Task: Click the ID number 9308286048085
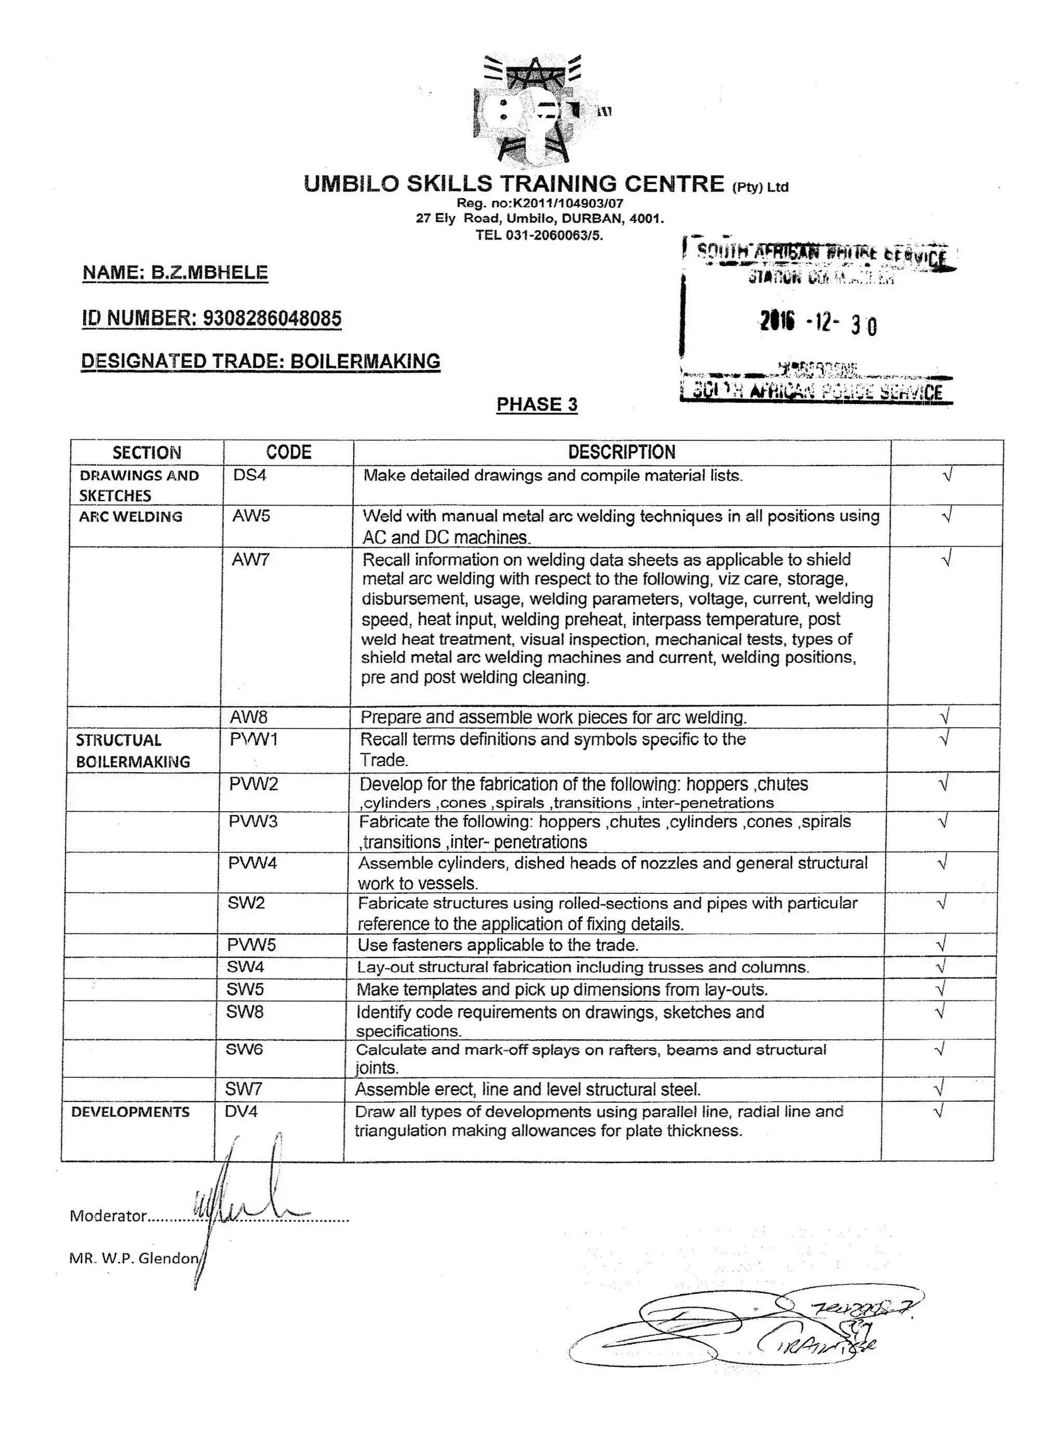coord(272,318)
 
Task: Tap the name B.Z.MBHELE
coord(209,272)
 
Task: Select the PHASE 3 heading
coord(537,404)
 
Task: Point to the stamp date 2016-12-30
coord(817,323)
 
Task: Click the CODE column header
coord(288,452)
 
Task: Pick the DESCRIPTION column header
coord(621,452)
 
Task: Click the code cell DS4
coord(250,475)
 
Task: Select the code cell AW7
coord(250,560)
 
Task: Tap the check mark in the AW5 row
coord(946,516)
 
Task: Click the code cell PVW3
coord(252,822)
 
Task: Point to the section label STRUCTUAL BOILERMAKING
coord(132,750)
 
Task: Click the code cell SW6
coord(244,1049)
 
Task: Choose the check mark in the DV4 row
coord(938,1112)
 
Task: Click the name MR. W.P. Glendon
coord(134,1258)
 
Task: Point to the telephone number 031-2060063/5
coord(554,235)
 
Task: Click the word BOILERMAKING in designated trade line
coord(365,361)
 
